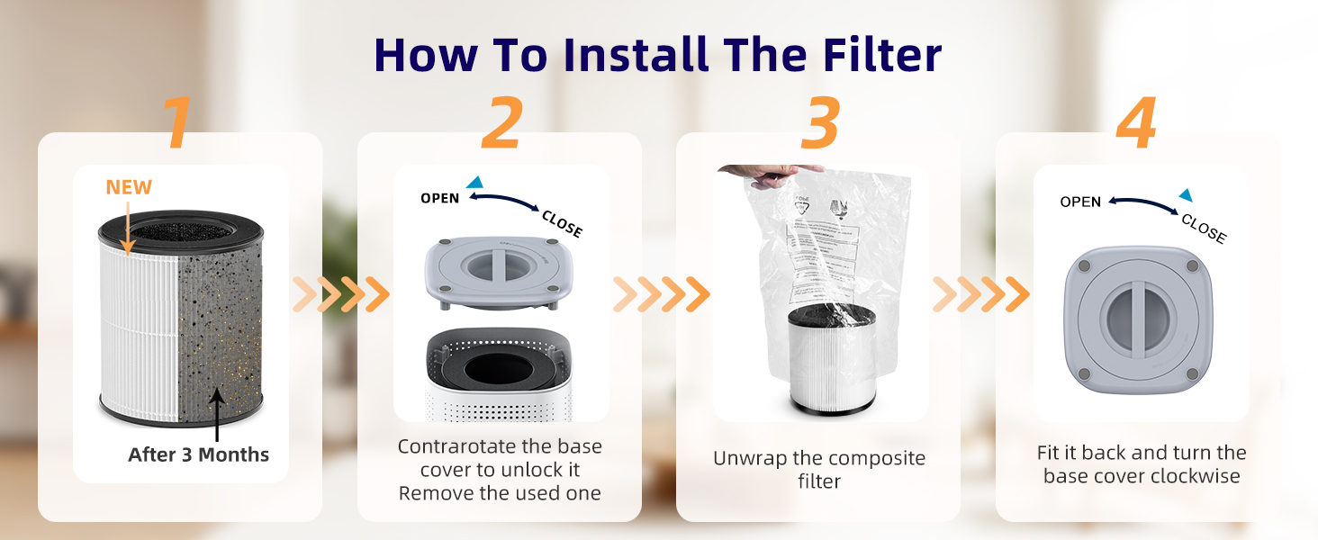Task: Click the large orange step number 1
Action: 178,123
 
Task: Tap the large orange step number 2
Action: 501,123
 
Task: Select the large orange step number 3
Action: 818,123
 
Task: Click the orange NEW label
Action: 129,187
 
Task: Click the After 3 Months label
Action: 198,454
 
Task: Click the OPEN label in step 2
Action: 440,198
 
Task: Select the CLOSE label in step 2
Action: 562,223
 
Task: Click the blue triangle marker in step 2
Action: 474,182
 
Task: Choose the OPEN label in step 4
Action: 1080,202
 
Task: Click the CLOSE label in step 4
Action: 1203,229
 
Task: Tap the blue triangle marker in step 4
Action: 1186,195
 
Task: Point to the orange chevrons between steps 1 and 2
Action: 340,293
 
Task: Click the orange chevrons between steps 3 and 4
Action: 980,293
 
